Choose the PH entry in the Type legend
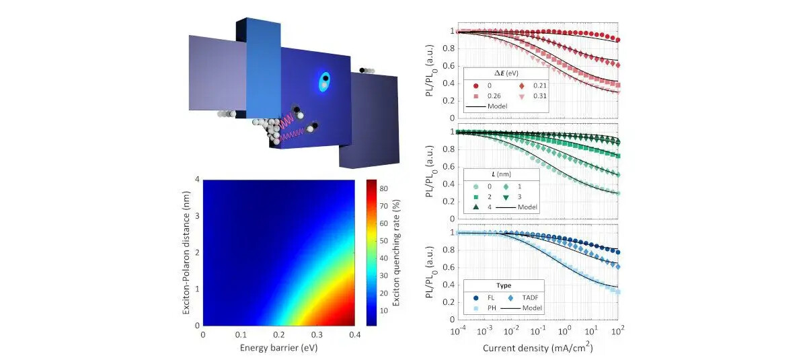476,308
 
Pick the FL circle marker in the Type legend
475,297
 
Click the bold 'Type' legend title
504,285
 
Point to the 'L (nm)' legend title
503,175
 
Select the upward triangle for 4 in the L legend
475,207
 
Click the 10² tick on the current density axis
617,332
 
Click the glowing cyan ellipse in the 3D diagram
325,83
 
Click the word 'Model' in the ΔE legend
499,106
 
